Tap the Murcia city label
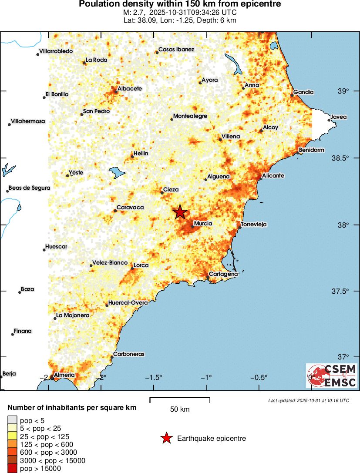[x=203, y=223]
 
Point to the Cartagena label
[x=223, y=274]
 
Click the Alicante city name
[x=273, y=175]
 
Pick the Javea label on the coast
[x=339, y=117]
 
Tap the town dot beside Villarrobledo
[x=38, y=54]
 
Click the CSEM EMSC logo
[x=332, y=376]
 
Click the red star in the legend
[x=166, y=438]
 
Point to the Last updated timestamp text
[x=309, y=400]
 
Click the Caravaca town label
[x=131, y=208]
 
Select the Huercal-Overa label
[x=128, y=302]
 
